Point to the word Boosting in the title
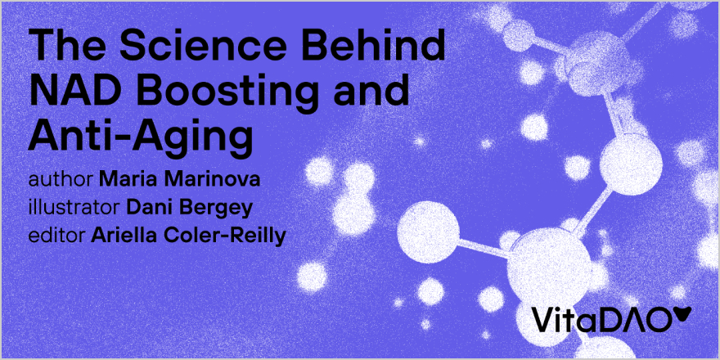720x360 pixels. point(236,92)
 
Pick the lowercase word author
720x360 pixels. point(61,178)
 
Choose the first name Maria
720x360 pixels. point(127,178)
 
